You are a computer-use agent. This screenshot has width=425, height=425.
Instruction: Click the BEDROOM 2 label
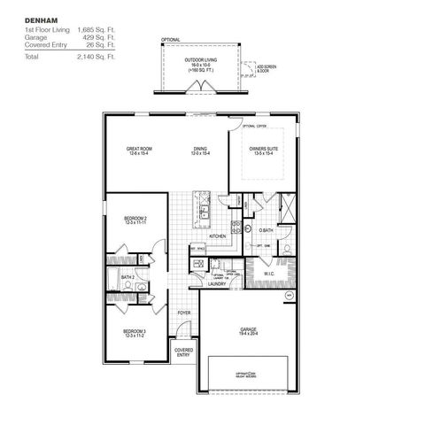tap(135, 218)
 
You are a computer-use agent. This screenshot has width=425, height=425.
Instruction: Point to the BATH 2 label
tap(127, 278)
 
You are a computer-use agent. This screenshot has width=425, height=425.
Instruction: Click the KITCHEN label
tap(218, 236)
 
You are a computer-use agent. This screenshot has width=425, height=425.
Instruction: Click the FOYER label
tap(184, 313)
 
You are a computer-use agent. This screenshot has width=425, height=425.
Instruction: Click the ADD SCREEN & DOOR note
tap(264, 67)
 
